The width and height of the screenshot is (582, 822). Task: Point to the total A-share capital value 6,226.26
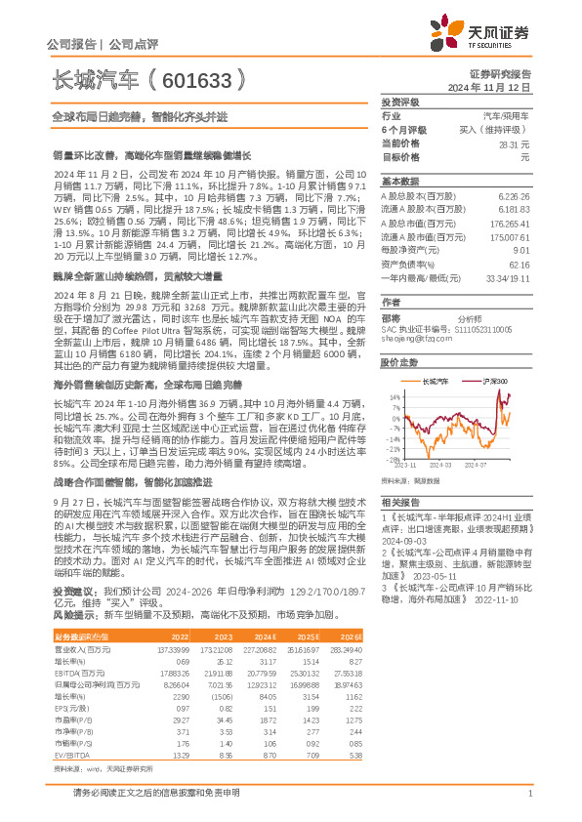(x=512, y=194)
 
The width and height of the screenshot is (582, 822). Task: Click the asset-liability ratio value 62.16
(x=519, y=265)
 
